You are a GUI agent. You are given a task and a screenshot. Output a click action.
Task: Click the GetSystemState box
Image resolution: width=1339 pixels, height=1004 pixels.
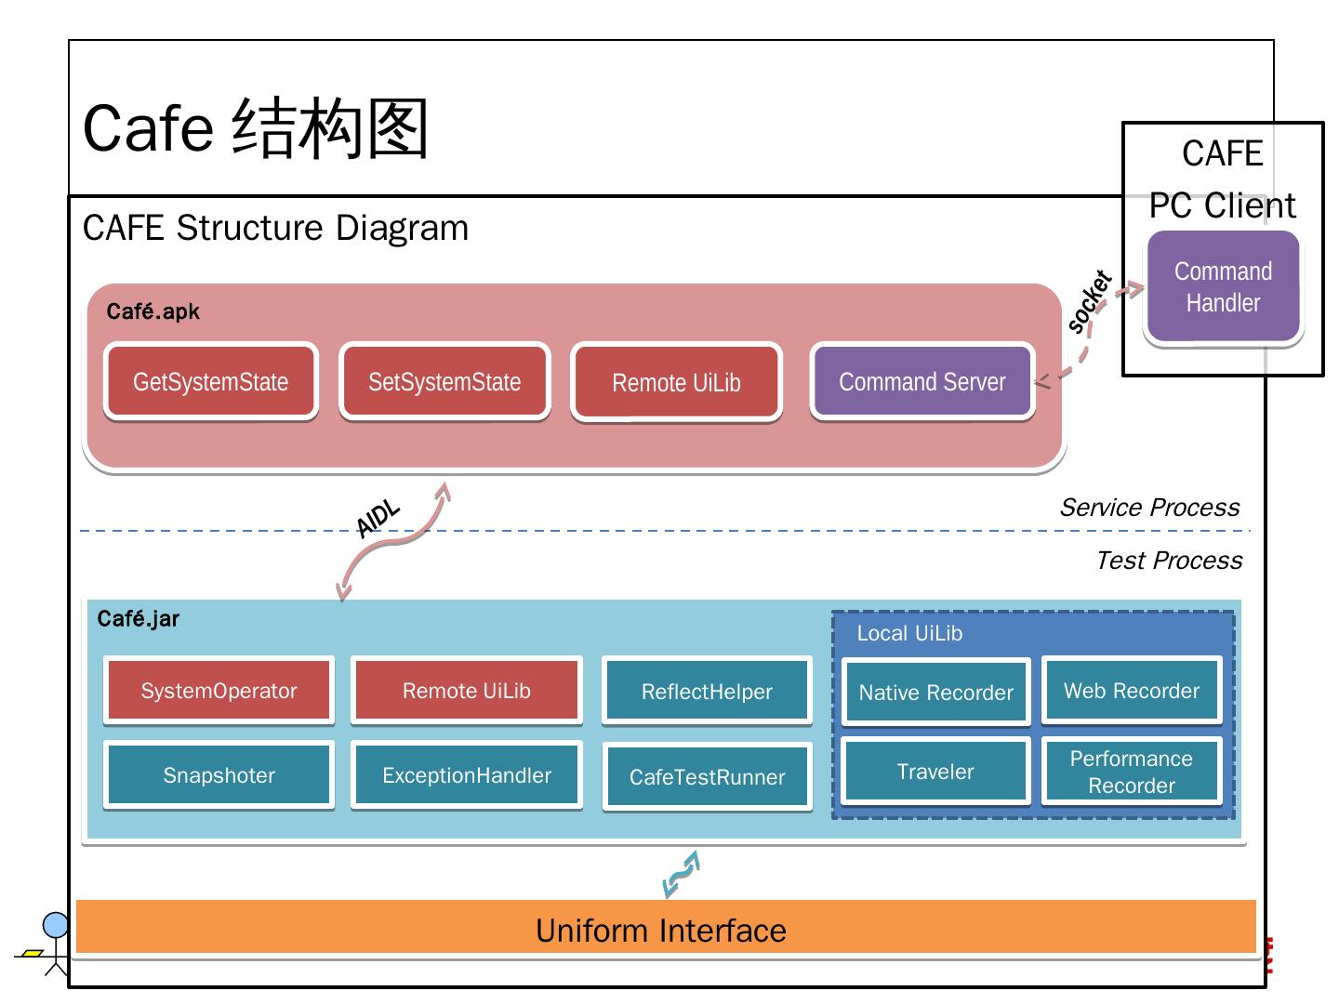point(211,382)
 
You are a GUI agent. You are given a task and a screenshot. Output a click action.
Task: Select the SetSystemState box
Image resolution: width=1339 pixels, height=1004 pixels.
point(444,382)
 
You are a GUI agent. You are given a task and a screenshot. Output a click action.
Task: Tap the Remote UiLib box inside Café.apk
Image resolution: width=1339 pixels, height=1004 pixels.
point(676,383)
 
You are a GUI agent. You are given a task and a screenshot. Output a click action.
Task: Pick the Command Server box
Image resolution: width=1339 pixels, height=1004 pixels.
point(922,382)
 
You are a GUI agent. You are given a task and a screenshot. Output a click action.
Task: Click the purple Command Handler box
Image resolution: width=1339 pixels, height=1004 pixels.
point(1223,287)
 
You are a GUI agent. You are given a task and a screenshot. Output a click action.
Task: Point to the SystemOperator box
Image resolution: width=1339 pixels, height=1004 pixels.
point(219,691)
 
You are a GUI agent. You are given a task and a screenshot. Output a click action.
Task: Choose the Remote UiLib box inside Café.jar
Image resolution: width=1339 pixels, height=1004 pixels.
point(467,691)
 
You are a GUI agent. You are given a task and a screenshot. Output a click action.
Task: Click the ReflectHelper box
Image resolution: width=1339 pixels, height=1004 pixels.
point(707,692)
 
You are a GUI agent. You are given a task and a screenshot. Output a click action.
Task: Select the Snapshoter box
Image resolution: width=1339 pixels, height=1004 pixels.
point(219,775)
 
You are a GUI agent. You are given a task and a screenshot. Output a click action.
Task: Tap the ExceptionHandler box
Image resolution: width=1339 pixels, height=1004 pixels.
point(467,775)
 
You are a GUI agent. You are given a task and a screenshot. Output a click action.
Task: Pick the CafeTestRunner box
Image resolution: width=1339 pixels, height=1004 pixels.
point(707,777)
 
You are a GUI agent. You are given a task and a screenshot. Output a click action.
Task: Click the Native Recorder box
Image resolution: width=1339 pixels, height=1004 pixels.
point(935,693)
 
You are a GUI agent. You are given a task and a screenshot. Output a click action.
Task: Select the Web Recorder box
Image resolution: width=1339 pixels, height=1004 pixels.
point(1132,691)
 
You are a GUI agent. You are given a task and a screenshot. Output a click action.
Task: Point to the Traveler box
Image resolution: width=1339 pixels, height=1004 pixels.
point(935,772)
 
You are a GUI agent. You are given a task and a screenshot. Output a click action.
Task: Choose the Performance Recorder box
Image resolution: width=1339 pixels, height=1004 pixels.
point(1132,772)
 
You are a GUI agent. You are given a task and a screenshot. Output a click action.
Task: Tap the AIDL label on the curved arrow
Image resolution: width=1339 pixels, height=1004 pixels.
point(378,519)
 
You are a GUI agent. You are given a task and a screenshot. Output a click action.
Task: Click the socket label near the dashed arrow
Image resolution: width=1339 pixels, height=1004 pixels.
point(1089,302)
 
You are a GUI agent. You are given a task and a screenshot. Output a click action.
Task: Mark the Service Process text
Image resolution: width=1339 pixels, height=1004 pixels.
point(1149,508)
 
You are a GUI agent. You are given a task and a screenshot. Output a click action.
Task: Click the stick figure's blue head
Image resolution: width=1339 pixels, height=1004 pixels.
point(56,925)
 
